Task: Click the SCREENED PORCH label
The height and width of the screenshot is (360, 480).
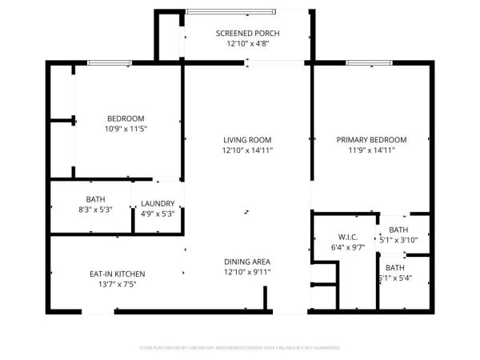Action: [247, 33]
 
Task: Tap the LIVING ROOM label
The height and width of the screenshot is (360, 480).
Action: [247, 139]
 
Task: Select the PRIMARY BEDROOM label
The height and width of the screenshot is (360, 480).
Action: [371, 139]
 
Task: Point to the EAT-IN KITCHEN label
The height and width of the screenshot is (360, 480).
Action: [117, 274]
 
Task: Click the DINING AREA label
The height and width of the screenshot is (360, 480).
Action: [247, 262]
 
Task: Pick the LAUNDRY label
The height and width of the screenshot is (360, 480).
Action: [158, 203]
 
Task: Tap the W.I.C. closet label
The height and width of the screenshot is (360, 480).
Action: [347, 237]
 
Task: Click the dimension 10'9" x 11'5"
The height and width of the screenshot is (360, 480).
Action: [126, 128]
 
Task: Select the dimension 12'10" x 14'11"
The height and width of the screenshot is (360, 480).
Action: [247, 150]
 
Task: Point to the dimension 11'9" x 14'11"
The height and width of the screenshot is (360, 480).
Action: [371, 150]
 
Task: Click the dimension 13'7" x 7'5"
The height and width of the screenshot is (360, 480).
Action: [117, 284]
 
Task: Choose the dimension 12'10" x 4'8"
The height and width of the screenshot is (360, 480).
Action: [247, 44]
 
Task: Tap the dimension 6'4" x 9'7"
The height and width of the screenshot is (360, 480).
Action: [347, 247]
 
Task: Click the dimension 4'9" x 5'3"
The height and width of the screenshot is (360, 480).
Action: [158, 214]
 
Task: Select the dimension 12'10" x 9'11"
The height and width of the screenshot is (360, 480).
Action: [247, 272]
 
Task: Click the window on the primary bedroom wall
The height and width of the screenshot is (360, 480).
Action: [369, 62]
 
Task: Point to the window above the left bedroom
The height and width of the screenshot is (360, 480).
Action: [110, 62]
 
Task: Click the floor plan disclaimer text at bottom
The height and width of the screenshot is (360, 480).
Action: [240, 348]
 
